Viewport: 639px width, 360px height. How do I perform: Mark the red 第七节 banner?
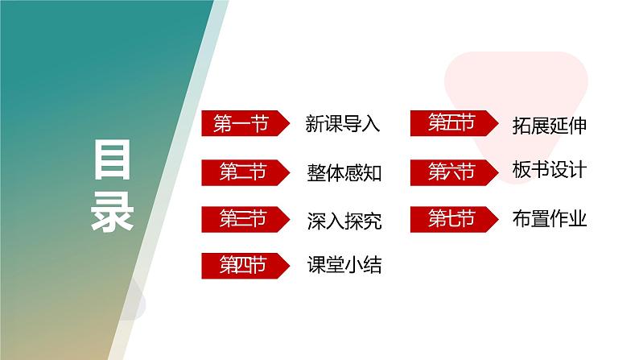click(x=450, y=218)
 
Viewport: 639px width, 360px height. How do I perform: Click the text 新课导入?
click(x=343, y=124)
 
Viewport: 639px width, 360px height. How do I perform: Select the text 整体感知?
click(x=343, y=172)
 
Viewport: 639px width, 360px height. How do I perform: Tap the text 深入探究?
click(x=343, y=219)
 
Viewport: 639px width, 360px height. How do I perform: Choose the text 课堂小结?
click(x=343, y=265)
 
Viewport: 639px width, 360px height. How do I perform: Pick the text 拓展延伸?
click(x=549, y=125)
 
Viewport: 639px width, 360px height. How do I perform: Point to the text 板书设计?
click(x=549, y=171)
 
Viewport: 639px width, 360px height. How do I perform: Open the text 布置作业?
click(x=549, y=218)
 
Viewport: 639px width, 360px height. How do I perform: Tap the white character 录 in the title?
click(x=113, y=211)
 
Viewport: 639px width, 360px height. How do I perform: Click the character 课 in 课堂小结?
click(x=315, y=265)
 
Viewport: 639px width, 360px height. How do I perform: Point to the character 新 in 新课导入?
click(x=315, y=124)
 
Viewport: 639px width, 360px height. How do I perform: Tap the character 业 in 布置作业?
click(x=578, y=218)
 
